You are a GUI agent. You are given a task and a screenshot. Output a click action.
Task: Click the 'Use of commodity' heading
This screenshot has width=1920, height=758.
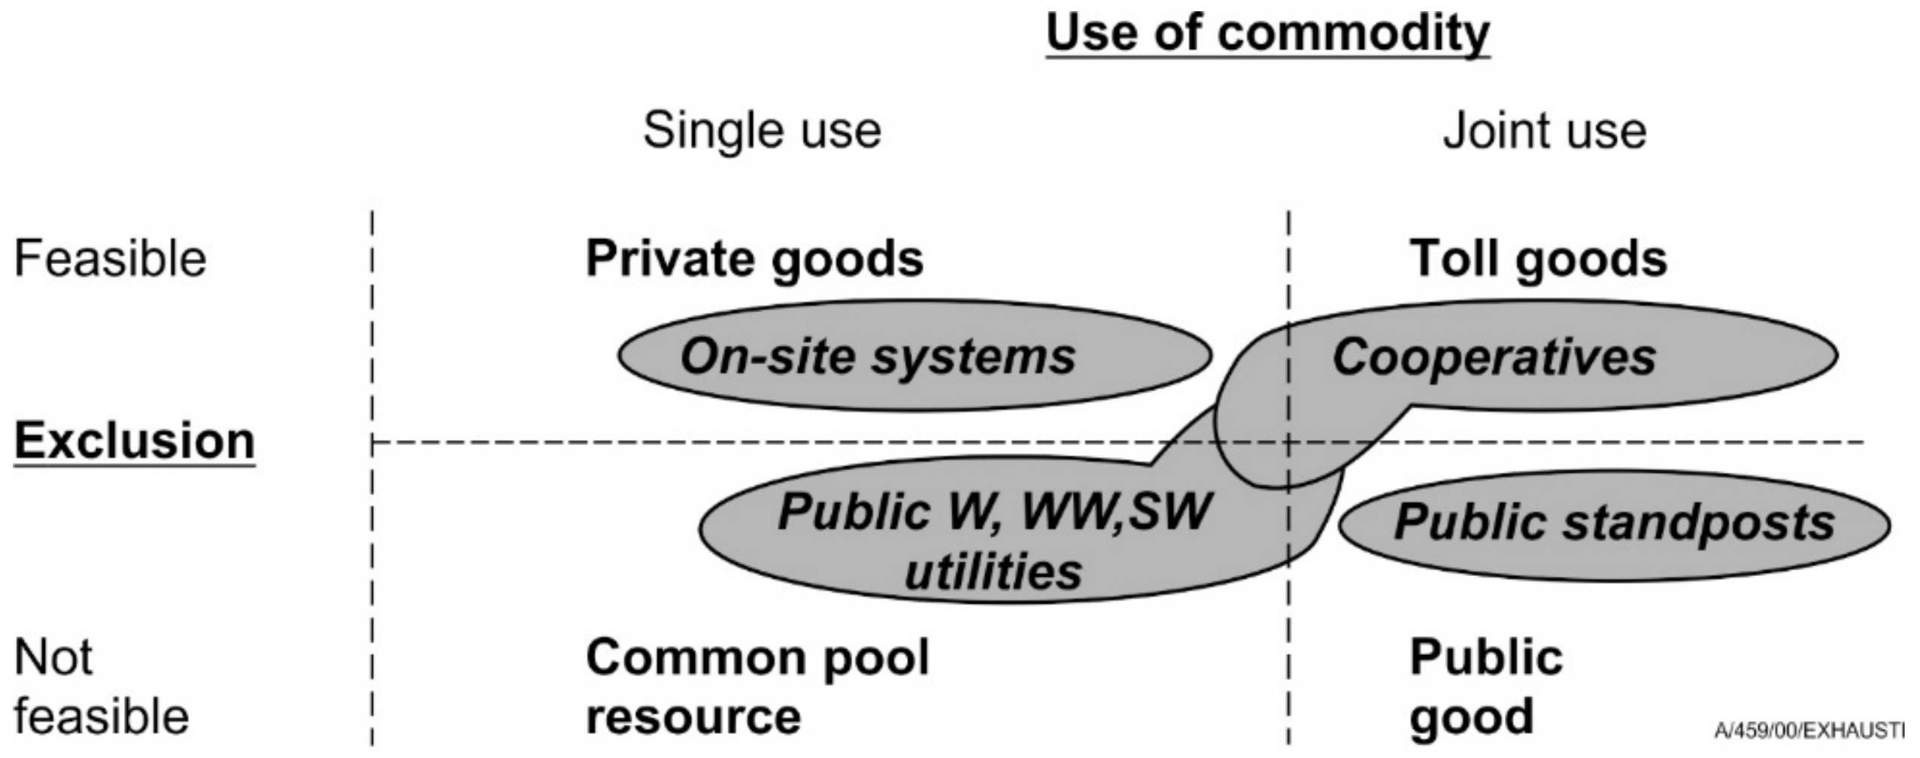pos(1267,34)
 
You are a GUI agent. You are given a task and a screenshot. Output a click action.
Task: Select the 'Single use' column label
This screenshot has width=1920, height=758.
pos(762,131)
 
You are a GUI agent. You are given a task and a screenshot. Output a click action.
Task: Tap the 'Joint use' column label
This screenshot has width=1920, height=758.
pos(1544,131)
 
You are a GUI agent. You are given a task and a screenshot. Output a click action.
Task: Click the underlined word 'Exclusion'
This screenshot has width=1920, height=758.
pos(135,441)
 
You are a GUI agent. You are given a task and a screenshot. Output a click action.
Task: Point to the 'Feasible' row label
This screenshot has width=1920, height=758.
pos(110,259)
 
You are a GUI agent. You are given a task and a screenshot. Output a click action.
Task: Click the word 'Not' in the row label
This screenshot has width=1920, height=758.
pos(53,657)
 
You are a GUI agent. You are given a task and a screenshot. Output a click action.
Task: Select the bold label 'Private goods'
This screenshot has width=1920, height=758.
pos(754,259)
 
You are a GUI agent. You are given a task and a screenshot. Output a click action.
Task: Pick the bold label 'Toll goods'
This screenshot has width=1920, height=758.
pos(1537,259)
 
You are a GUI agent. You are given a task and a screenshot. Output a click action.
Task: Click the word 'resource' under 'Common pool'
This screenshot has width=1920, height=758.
pos(693,716)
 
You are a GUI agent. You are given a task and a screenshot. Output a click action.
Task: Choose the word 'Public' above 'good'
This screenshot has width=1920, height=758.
pos(1485,657)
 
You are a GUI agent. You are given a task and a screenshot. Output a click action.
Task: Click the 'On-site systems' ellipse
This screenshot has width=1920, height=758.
pos(914,356)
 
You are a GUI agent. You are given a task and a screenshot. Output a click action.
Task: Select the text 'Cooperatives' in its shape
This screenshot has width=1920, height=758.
pos(1494,356)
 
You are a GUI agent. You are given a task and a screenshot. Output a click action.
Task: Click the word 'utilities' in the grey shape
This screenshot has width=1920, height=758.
pos(993,572)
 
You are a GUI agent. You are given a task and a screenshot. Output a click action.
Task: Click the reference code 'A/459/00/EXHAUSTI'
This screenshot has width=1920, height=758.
pos(1809,730)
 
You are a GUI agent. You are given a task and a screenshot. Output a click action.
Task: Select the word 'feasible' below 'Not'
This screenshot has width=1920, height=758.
pos(101,716)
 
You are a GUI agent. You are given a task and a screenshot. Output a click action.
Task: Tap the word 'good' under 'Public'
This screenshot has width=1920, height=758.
pos(1470,716)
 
